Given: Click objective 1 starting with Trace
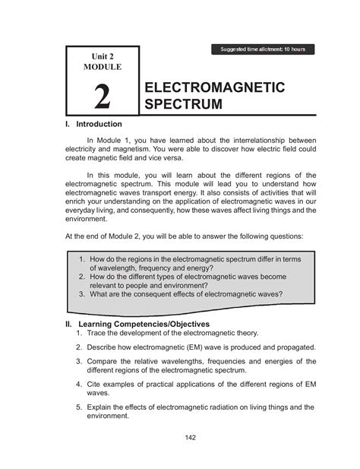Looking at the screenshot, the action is click(x=173, y=333).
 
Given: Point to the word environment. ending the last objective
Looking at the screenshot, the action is click(x=112, y=417).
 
